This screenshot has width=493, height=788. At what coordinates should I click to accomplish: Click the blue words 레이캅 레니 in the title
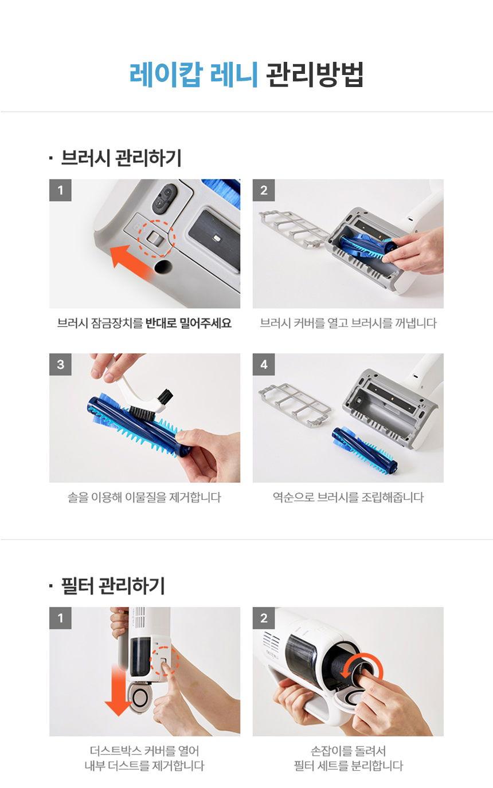click(194, 74)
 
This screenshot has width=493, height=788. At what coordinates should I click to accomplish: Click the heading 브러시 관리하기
click(120, 157)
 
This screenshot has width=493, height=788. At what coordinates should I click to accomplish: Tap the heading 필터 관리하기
click(112, 585)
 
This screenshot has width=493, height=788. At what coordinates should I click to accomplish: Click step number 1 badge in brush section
click(60, 190)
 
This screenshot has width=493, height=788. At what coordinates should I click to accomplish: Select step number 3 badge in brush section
click(60, 364)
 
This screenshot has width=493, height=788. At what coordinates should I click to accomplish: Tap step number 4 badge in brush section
click(264, 364)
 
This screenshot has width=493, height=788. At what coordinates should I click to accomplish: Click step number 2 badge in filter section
click(264, 618)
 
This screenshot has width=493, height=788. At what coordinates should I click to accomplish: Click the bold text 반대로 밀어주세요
click(189, 323)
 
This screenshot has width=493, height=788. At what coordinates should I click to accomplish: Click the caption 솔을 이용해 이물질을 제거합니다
click(144, 497)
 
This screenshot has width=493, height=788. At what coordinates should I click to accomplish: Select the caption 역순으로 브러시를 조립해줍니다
click(347, 497)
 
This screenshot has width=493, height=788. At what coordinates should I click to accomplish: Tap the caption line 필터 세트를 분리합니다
click(347, 766)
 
